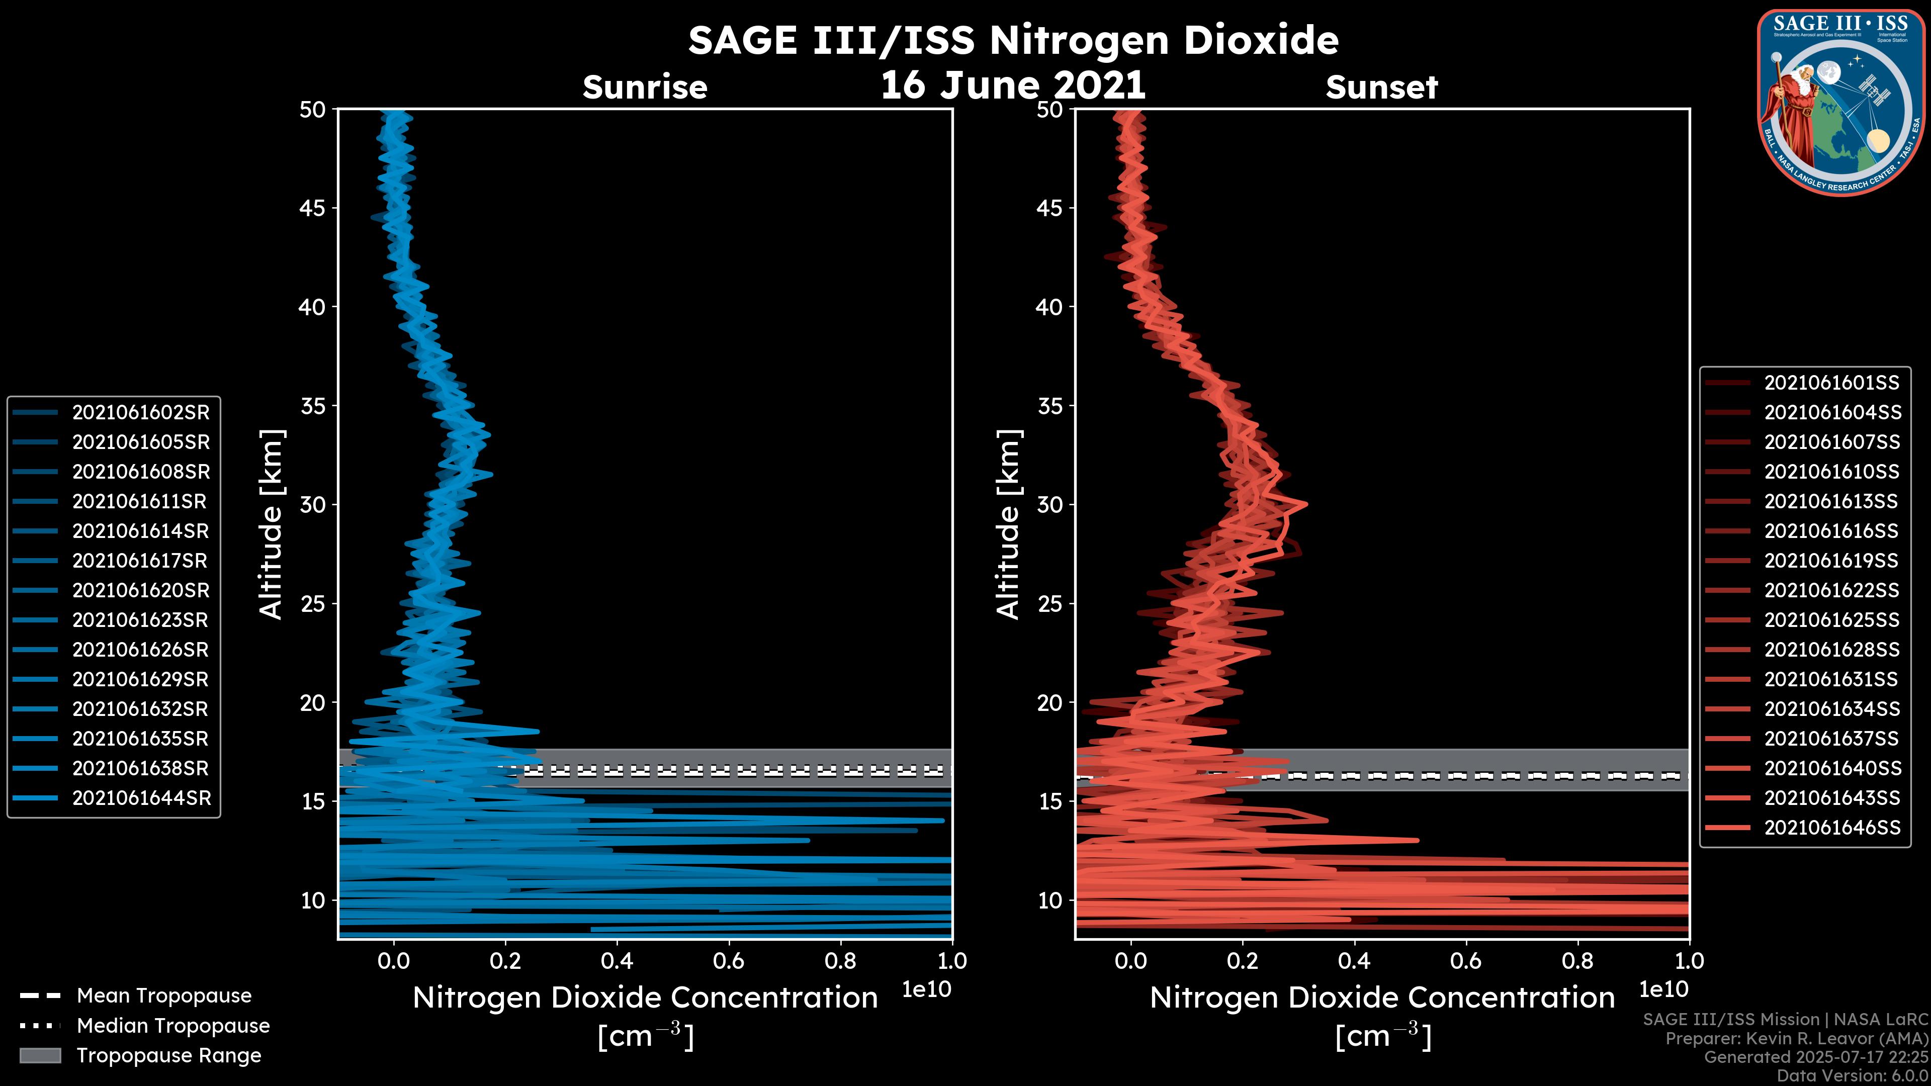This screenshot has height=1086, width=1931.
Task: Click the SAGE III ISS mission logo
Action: coord(1840,103)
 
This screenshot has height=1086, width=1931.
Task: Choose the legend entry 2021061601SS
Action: coord(1832,383)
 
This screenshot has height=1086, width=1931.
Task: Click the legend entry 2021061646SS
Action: coord(1832,828)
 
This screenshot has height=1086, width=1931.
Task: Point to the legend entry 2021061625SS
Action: coord(1832,620)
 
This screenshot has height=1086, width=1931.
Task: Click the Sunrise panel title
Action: coord(645,87)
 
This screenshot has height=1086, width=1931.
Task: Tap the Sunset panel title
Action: coord(1381,87)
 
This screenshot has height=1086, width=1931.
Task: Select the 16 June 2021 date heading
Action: coord(1013,84)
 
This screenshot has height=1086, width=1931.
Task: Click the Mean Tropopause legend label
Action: coord(164,995)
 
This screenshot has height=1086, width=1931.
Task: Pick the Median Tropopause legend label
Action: coord(173,1025)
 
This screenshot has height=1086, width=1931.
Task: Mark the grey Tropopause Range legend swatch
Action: coord(40,1055)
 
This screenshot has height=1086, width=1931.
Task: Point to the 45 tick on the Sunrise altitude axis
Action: coord(313,208)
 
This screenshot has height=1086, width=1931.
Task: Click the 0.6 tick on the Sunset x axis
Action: coord(1465,961)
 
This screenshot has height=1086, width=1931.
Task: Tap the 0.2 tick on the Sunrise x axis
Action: coord(505,961)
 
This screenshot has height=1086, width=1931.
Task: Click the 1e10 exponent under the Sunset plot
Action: coord(1663,989)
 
